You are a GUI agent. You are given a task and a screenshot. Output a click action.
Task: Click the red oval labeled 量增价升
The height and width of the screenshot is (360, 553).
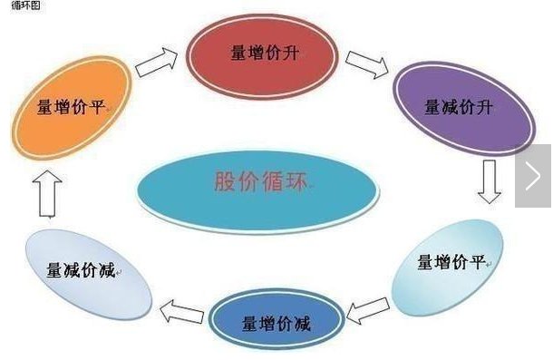[262, 56]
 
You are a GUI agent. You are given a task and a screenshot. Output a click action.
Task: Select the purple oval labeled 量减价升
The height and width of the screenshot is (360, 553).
[464, 109]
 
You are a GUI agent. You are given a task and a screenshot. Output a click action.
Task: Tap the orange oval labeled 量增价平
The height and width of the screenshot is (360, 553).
[72, 108]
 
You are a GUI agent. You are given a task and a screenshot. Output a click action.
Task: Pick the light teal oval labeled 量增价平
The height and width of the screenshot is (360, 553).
[448, 268]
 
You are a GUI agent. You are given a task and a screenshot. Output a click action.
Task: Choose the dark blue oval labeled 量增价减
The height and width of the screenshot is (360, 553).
[276, 320]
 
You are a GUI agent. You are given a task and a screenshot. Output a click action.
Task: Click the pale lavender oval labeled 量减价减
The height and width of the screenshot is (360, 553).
[89, 275]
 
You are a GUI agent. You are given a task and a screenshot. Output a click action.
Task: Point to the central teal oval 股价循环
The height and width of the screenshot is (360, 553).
[257, 191]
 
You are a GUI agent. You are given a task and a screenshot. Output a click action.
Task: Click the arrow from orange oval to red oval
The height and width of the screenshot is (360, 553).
[157, 63]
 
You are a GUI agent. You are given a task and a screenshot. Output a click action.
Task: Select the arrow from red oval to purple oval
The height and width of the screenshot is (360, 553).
[367, 64]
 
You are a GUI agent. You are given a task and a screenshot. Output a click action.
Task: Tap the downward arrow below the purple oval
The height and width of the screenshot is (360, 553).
[490, 181]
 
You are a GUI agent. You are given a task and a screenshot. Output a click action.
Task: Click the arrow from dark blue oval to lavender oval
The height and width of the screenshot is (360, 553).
[181, 311]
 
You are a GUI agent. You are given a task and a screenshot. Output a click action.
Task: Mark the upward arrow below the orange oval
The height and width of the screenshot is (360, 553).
[48, 193]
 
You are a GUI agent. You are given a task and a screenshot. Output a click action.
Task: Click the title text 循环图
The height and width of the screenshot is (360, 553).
[25, 5]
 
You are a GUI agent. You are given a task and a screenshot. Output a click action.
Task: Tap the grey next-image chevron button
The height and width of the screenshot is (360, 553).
[533, 175]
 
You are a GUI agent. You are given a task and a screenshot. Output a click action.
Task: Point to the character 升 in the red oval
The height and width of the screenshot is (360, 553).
[291, 54]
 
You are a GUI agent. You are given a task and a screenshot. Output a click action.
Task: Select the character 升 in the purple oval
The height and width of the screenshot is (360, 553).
[484, 107]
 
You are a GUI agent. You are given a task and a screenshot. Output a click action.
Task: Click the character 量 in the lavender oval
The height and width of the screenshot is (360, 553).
[54, 270]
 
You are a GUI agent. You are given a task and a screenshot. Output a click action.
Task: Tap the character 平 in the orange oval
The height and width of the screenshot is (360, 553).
[97, 107]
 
